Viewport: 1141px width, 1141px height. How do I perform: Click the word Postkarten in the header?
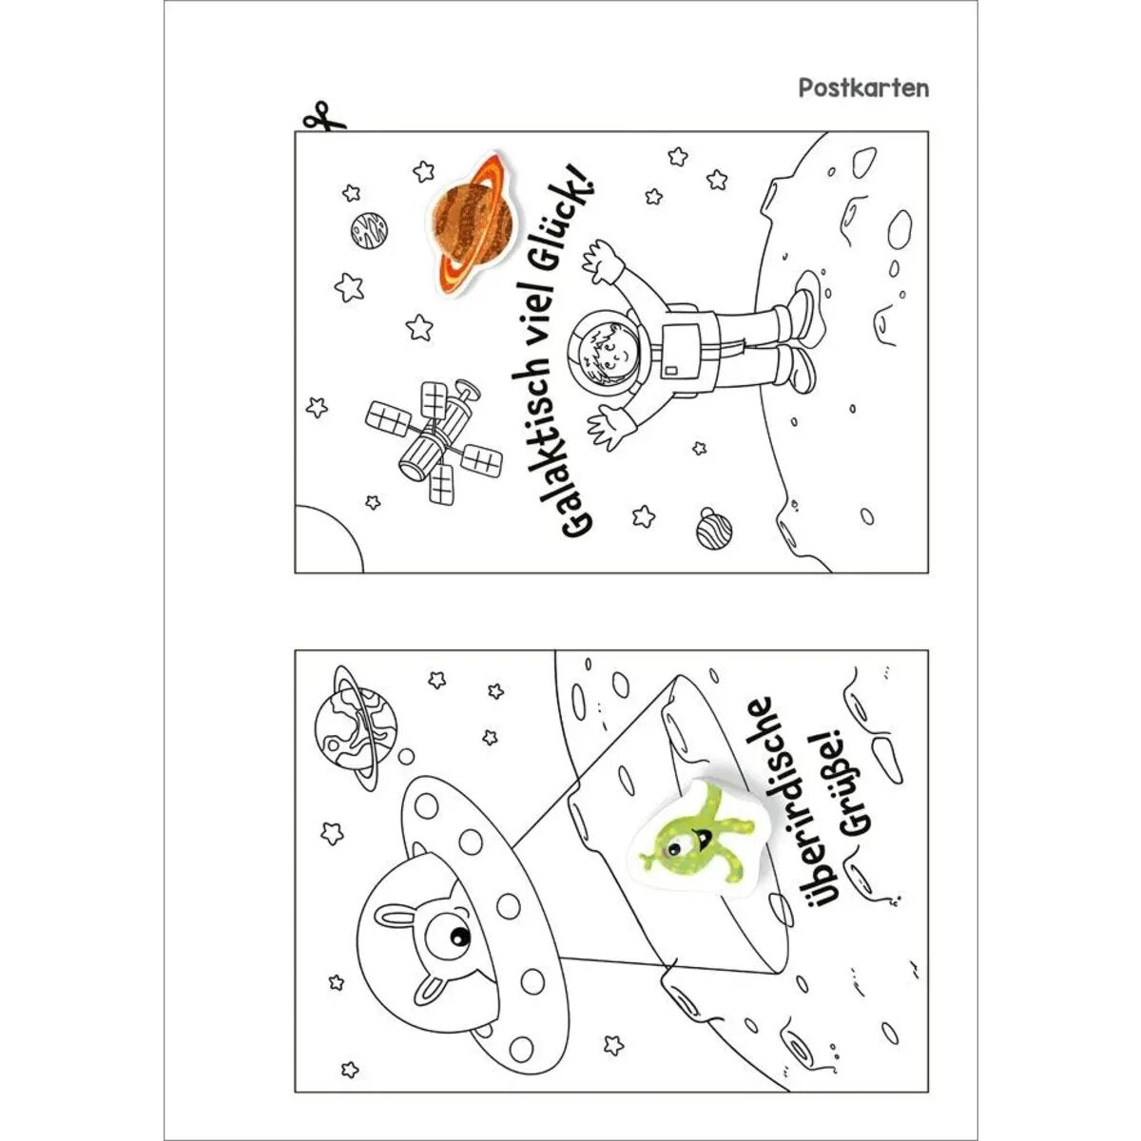coord(863,88)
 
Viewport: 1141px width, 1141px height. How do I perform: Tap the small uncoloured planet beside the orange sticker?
coord(369,230)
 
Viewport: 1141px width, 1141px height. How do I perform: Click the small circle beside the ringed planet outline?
coord(406,757)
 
